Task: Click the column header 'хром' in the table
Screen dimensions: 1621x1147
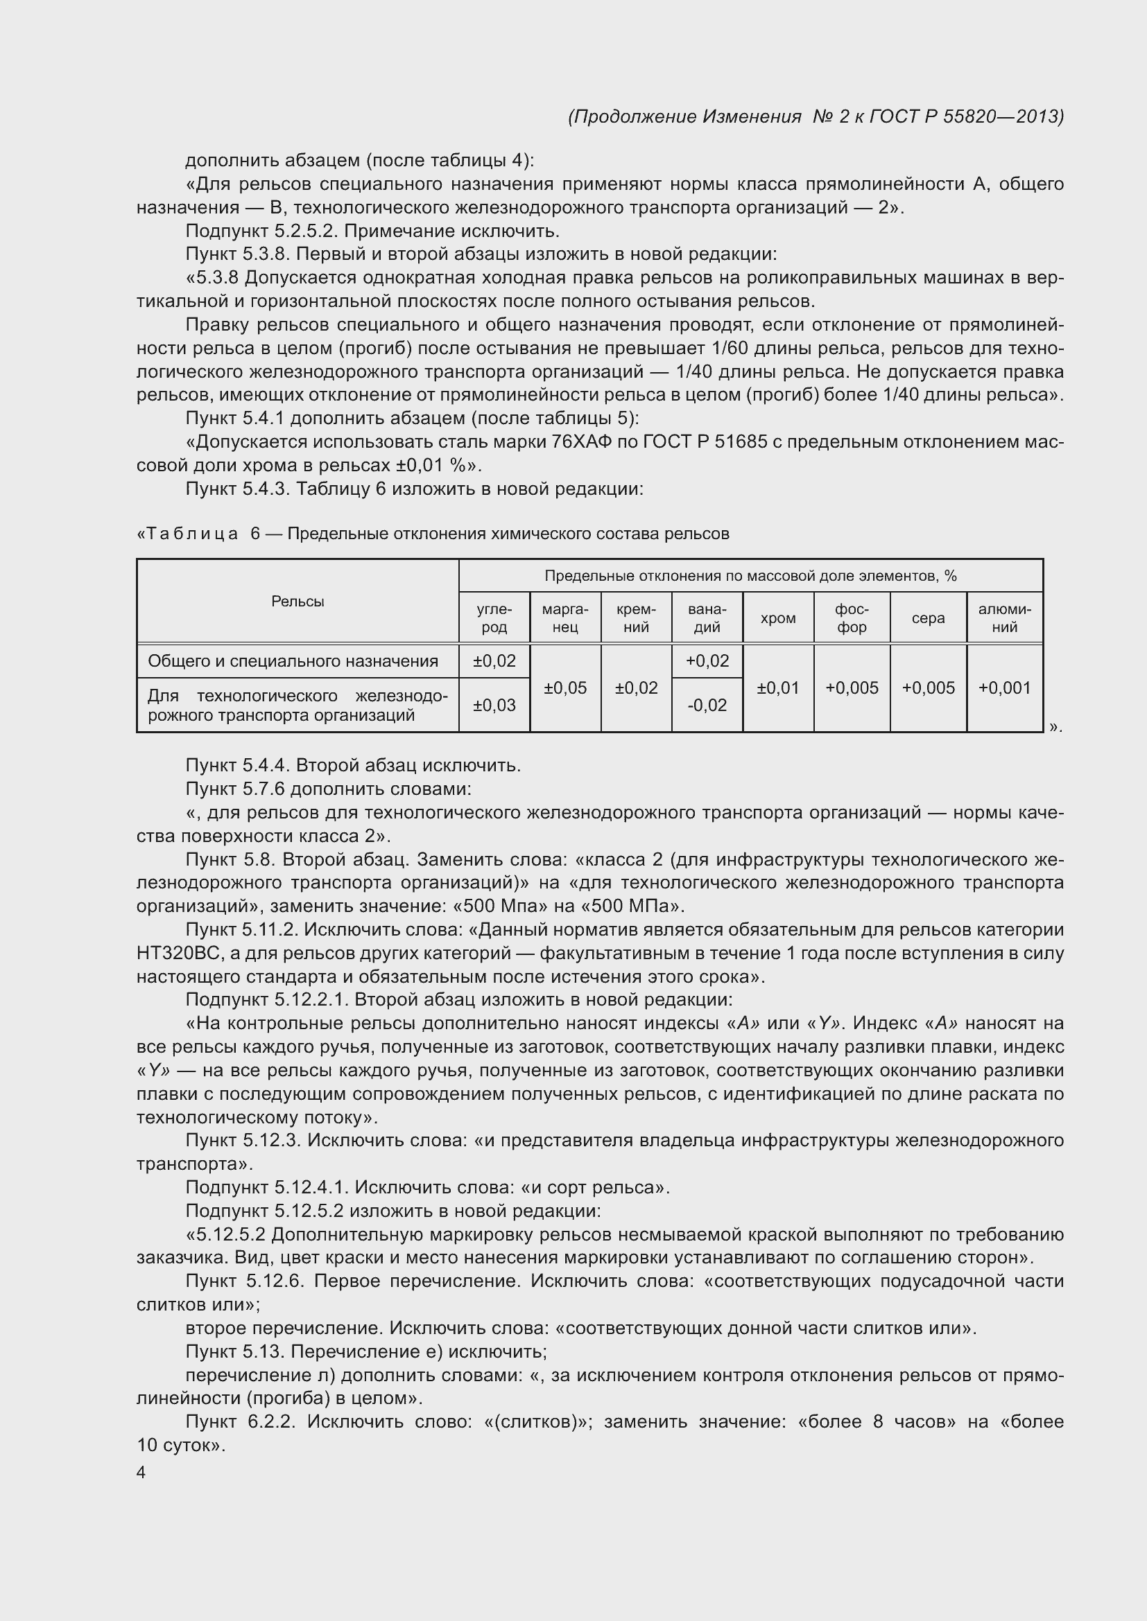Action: click(x=777, y=617)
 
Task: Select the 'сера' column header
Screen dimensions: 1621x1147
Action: click(x=927, y=617)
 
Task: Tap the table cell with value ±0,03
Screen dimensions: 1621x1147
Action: click(x=494, y=705)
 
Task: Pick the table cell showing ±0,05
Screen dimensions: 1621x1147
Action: click(x=565, y=687)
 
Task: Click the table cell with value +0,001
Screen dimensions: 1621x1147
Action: click(x=1004, y=687)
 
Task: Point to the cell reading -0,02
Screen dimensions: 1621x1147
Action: click(x=707, y=705)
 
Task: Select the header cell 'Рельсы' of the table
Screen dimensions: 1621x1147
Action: click(x=297, y=601)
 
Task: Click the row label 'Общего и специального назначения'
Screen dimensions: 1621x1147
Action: click(x=293, y=661)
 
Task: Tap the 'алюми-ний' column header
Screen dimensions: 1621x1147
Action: click(x=1004, y=617)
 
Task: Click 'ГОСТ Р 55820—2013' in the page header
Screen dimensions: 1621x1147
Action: click(x=965, y=116)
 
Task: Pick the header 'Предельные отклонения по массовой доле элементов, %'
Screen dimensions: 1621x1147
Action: click(x=750, y=575)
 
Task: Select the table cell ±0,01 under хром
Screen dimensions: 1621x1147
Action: click(x=777, y=687)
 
